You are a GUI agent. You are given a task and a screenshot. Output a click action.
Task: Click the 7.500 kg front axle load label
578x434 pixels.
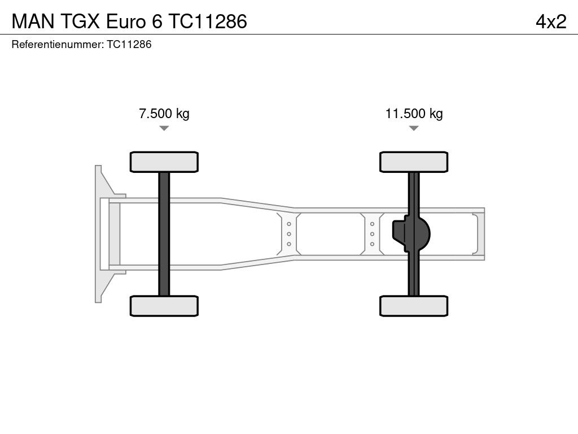[x=164, y=114]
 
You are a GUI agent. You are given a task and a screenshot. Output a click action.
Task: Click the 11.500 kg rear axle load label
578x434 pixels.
[x=414, y=114]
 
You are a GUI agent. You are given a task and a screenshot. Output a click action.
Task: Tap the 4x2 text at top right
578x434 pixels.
[x=551, y=21]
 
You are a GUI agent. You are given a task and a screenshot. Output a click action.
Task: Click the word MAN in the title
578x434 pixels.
[x=30, y=21]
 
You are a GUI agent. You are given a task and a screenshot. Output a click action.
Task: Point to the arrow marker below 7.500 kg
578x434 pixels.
[x=164, y=128]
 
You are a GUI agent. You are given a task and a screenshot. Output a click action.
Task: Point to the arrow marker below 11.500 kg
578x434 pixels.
[x=414, y=128]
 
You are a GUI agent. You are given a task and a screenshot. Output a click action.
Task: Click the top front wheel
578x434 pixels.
[x=164, y=162]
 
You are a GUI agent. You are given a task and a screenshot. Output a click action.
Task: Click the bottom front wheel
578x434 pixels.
[x=164, y=306]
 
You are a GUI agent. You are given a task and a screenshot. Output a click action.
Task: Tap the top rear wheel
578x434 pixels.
[x=414, y=162]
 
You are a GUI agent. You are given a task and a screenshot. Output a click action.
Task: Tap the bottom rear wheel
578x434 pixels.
[x=414, y=306]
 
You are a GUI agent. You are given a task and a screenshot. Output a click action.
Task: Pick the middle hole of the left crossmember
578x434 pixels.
[x=288, y=233]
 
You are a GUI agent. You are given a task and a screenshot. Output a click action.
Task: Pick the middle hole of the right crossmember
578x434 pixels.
[x=373, y=233]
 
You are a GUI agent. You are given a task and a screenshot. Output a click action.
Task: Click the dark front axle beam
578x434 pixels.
[x=164, y=233]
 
